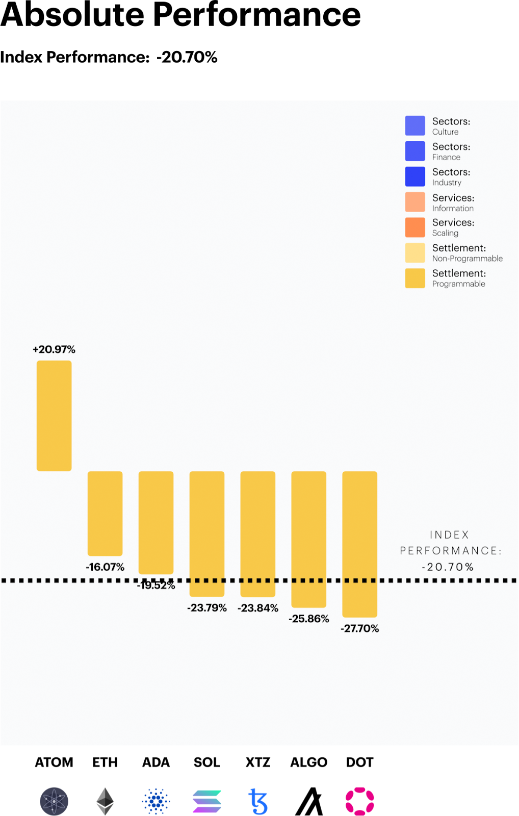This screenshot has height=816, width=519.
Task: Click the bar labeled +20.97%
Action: (54, 415)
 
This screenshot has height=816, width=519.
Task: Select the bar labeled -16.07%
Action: (105, 513)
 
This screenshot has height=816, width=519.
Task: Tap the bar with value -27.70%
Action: (360, 544)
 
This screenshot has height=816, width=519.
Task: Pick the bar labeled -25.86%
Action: (309, 539)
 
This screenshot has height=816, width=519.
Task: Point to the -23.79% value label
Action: (207, 608)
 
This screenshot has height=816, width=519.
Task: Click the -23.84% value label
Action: (258, 608)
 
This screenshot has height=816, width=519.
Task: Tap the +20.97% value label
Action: (54, 349)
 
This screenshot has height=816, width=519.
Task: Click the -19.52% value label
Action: (156, 585)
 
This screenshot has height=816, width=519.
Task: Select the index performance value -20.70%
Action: (448, 567)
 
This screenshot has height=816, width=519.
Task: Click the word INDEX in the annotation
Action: (449, 535)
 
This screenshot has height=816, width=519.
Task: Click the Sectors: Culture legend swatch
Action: (415, 125)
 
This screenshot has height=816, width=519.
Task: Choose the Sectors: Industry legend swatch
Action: (415, 176)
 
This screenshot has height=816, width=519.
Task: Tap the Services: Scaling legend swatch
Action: (415, 227)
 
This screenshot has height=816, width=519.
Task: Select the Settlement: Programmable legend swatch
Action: (415, 278)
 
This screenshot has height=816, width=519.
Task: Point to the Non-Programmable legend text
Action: (467, 259)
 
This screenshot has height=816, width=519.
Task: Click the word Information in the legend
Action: (453, 208)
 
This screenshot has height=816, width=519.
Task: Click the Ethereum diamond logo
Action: (105, 801)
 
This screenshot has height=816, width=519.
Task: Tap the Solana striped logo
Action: (207, 801)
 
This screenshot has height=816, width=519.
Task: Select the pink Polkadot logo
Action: (360, 801)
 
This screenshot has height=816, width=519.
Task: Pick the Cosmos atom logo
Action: (54, 801)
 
